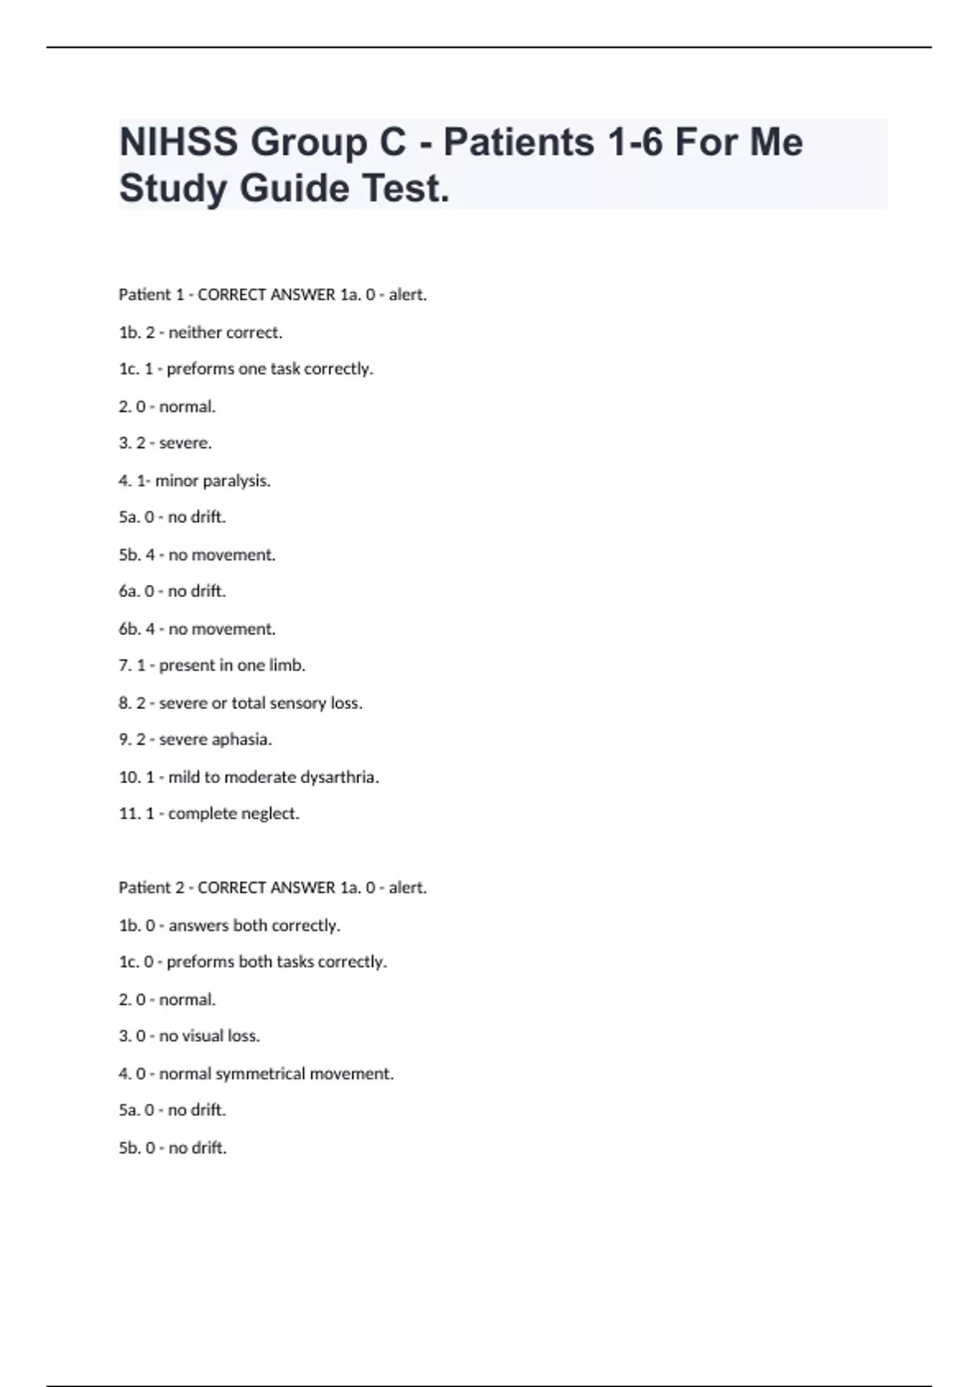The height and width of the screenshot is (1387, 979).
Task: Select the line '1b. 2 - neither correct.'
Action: pos(200,332)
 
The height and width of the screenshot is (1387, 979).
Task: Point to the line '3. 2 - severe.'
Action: pos(165,443)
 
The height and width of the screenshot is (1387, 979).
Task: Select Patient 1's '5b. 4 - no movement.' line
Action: pos(197,555)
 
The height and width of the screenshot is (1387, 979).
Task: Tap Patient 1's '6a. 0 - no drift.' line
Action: pos(172,591)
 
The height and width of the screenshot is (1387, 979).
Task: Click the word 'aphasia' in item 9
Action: pos(241,739)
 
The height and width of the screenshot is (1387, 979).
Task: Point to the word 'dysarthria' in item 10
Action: pos(339,777)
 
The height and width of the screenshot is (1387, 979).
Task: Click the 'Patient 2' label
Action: pos(151,888)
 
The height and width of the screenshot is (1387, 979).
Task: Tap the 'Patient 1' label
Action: pos(151,295)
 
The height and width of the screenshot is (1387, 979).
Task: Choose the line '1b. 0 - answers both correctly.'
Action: pos(229,925)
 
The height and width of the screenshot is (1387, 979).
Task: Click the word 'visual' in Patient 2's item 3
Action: pos(202,1036)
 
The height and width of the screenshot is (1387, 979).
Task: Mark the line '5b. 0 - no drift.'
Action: pos(172,1148)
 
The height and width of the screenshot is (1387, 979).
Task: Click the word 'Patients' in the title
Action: pos(518,142)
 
